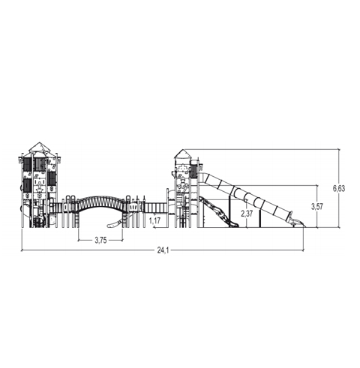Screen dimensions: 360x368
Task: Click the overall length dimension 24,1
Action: [x=163, y=250]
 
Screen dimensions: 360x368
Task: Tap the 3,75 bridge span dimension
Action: [x=100, y=241]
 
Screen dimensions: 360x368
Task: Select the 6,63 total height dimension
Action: [x=339, y=188]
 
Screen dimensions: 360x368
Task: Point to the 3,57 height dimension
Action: [x=316, y=206]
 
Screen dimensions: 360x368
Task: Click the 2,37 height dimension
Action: [x=247, y=214]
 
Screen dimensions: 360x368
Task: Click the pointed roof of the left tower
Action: [x=39, y=147]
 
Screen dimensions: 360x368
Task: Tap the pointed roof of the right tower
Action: [x=183, y=154]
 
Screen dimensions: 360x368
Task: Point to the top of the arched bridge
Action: [x=100, y=197]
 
